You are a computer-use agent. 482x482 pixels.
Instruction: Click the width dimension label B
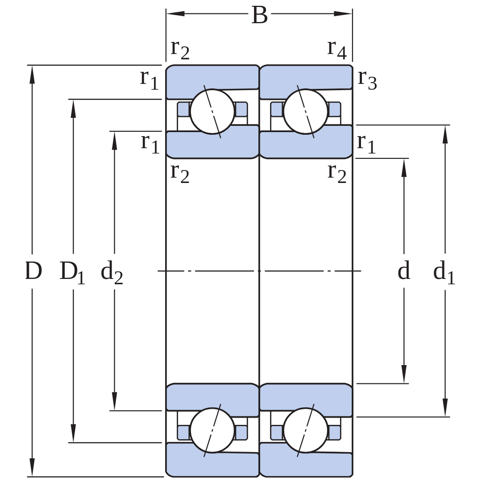click(259, 14)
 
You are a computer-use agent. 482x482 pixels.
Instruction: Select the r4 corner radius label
click(337, 49)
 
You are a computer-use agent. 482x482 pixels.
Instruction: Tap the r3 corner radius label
click(367, 79)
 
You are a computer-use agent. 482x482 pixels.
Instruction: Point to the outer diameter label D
click(33, 270)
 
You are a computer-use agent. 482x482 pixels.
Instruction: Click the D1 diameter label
click(72, 272)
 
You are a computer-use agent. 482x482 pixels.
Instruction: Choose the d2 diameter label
click(112, 272)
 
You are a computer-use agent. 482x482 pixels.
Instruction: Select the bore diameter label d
click(404, 270)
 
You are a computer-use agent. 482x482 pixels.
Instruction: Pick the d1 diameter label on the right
click(444, 272)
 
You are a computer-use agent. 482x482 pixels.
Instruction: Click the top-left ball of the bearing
click(212, 112)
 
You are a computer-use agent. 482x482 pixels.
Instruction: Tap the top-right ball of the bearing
click(306, 112)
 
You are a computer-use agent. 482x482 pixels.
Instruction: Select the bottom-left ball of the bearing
click(212, 430)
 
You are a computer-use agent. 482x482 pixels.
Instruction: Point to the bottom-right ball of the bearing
click(306, 430)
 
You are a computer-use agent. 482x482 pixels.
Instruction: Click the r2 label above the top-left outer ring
click(180, 49)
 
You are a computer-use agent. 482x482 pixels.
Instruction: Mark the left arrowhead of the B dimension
click(175, 13)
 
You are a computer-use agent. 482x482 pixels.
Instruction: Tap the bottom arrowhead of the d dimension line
click(404, 374)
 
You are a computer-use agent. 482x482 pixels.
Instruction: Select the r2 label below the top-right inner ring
click(337, 173)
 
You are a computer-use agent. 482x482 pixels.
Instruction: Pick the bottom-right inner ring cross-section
click(306, 399)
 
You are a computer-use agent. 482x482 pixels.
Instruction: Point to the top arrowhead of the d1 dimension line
click(445, 134)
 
